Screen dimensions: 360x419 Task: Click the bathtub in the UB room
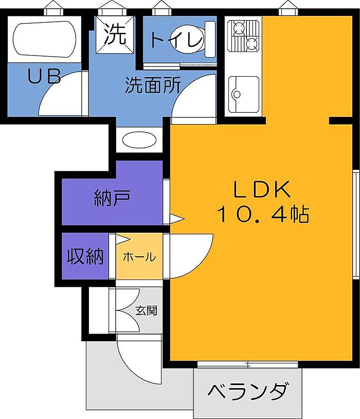click(44, 39)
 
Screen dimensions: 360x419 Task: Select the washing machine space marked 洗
click(115, 34)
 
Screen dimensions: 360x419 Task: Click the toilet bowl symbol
click(192, 39)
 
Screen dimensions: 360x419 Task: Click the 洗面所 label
click(153, 85)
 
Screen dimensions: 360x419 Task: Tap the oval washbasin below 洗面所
click(139, 139)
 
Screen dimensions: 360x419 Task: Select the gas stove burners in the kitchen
click(243, 36)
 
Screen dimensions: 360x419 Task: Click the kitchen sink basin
click(243, 94)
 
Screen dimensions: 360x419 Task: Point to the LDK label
click(262, 189)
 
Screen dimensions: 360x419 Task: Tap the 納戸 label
click(112, 198)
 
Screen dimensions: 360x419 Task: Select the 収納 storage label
click(85, 256)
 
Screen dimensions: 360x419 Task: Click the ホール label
click(139, 257)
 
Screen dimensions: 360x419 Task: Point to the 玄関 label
click(147, 310)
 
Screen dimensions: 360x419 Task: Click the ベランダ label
click(248, 391)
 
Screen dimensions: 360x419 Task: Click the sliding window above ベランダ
click(247, 364)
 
